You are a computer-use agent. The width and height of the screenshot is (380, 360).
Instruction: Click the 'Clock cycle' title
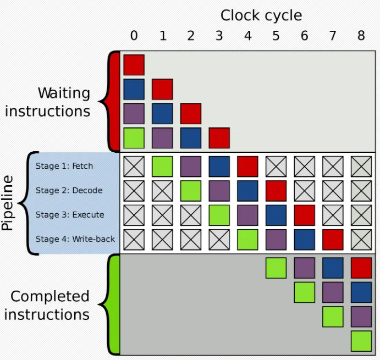pyautogui.click(x=261, y=15)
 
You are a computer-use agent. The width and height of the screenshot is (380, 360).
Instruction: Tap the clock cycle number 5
pyautogui.click(x=276, y=36)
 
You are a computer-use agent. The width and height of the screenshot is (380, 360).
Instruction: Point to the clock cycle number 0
pyautogui.click(x=134, y=36)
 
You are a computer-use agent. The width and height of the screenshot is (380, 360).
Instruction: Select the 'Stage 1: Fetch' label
pyautogui.click(x=64, y=166)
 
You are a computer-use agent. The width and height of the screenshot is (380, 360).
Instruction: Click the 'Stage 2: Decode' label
pyautogui.click(x=68, y=190)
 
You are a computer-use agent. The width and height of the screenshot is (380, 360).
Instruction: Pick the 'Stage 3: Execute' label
pyautogui.click(x=69, y=214)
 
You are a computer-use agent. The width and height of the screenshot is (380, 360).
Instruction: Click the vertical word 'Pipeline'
pyautogui.click(x=8, y=203)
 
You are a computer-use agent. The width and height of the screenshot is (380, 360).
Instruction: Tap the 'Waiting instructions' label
pyautogui.click(x=48, y=102)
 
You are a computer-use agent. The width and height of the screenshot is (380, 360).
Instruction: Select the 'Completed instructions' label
pyautogui.click(x=48, y=305)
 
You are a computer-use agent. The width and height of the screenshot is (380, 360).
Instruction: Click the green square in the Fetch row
pyautogui.click(x=162, y=167)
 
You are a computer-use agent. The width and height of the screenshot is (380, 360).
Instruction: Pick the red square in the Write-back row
pyautogui.click(x=333, y=240)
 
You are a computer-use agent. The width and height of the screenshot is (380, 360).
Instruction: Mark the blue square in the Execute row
pyautogui.click(x=276, y=215)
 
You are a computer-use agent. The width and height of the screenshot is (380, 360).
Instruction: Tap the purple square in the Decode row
pyautogui.click(x=219, y=191)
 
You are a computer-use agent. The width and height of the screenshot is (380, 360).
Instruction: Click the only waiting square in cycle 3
pyautogui.click(x=219, y=138)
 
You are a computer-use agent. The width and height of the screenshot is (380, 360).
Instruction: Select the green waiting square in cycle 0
pyautogui.click(x=134, y=138)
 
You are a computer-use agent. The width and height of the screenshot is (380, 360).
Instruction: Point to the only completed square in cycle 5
pyautogui.click(x=276, y=268)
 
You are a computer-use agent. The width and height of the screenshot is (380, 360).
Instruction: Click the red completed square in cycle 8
pyautogui.click(x=361, y=268)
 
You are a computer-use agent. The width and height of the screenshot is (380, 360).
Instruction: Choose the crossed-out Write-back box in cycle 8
pyautogui.click(x=361, y=240)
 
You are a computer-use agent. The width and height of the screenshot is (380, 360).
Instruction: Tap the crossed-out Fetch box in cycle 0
pyautogui.click(x=134, y=167)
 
